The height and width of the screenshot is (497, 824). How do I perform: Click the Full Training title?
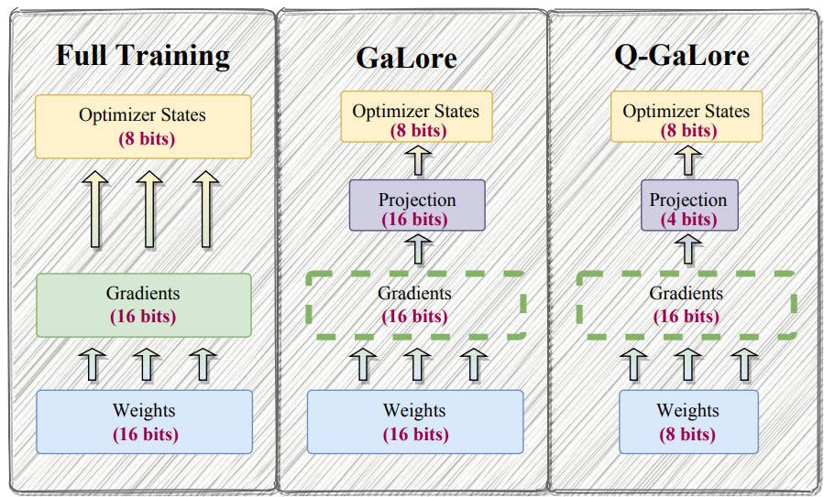point(143,56)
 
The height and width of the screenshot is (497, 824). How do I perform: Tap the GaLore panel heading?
point(406,58)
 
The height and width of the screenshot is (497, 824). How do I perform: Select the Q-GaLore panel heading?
point(682,56)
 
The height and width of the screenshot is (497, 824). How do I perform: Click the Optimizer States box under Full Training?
point(143,126)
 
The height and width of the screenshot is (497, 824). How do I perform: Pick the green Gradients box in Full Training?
point(144,305)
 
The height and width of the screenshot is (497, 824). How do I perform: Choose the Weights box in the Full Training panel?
point(144,422)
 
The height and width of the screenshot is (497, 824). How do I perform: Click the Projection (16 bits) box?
point(417,205)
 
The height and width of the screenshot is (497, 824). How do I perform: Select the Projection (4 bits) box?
point(689,205)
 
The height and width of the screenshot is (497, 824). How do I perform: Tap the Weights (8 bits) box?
point(688,422)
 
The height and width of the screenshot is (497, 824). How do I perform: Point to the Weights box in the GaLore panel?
point(415,422)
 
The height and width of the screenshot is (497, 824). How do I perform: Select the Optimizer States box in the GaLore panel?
point(417,116)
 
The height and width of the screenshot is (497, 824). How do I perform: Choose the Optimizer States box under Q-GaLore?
point(687,116)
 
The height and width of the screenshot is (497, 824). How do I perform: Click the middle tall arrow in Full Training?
point(149,209)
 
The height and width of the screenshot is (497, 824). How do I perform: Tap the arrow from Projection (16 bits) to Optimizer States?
point(418,160)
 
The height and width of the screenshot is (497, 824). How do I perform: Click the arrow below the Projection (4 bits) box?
point(688,249)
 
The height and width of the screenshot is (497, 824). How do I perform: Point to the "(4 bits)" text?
point(688,219)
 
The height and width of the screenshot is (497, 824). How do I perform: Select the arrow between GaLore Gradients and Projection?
point(418,249)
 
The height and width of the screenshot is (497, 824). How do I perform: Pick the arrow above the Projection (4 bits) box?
point(688,160)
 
